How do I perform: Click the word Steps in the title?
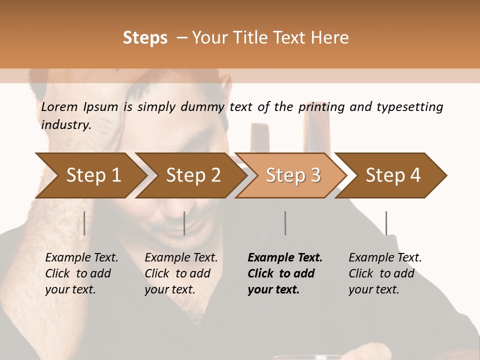coord(145,38)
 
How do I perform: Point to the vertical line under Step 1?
coord(84,223)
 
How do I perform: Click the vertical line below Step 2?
coord(184,223)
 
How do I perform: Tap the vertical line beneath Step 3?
coord(285,223)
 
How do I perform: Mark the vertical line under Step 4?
coord(386,223)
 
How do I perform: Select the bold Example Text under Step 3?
coord(284,273)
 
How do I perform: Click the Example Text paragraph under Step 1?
coord(81,273)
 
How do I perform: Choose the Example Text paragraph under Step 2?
coord(181,273)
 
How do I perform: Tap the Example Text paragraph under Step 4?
coord(385,273)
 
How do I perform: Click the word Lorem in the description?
coord(59,107)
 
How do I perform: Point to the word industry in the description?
coord(65,125)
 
